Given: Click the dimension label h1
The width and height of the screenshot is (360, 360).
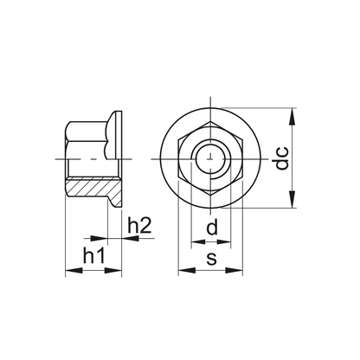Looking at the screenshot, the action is click(93, 256).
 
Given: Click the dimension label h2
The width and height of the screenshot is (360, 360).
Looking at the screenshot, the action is click(139, 226).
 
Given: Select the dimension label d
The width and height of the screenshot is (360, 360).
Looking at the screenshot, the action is click(212, 227).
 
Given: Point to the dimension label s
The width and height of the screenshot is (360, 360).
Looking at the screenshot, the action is click(211, 259).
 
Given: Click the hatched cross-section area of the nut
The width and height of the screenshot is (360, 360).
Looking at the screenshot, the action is click(93, 188).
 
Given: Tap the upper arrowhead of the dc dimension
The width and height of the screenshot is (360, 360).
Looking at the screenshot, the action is click(292, 117).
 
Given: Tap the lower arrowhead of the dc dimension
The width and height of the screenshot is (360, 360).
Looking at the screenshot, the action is click(292, 199).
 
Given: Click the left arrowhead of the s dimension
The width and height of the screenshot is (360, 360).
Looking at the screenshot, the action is click(187, 271).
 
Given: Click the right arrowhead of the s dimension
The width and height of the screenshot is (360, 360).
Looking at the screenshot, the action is click(234, 271).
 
